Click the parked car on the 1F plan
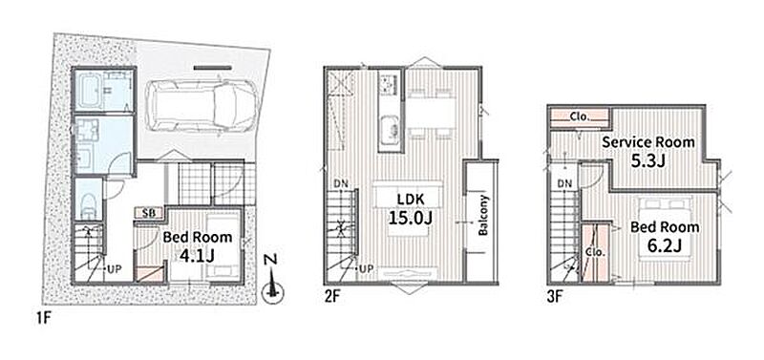point(202,105)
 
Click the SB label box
point(149,213)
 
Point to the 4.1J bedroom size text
point(198,256)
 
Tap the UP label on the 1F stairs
point(114,268)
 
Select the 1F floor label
point(43,320)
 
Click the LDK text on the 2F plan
point(410,200)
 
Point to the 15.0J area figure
point(411,218)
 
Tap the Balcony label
point(483,215)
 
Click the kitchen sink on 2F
point(390,130)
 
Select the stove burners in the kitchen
point(390,85)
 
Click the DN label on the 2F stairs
point(341,184)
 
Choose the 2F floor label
point(331,297)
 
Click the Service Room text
point(648,142)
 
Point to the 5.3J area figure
point(648,161)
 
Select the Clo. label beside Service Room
point(580,116)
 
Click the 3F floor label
point(554,297)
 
